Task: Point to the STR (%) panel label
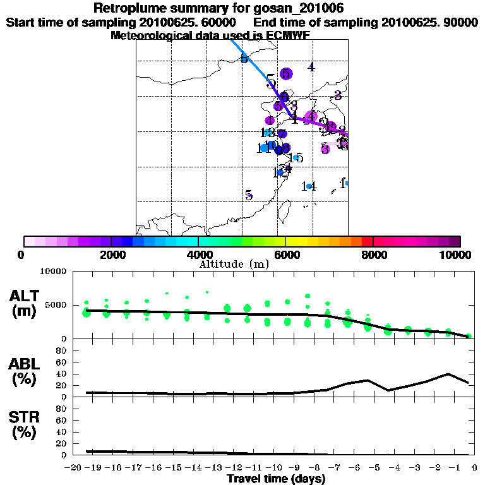pos(25,425)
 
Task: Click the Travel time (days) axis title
pos(276,479)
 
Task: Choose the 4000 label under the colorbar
pos(198,254)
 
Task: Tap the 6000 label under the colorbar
pos(285,254)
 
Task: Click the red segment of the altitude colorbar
pos(366,241)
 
